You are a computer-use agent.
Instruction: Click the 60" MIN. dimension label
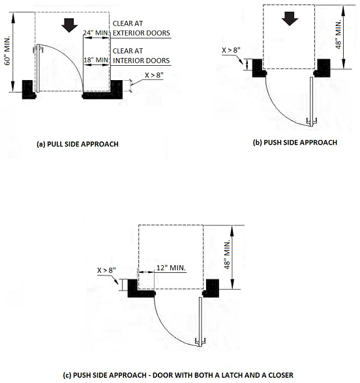point(8,51)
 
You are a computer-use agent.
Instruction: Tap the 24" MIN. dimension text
point(95,33)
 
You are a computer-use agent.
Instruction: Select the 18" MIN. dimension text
point(96,60)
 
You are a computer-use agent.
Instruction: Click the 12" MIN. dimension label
point(171,268)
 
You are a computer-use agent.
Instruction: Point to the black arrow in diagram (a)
point(69,25)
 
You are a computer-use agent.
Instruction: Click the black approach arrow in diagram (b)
point(290,18)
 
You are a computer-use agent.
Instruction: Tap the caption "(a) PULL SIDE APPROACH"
point(78,144)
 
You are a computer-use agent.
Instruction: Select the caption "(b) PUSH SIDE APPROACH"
point(295,143)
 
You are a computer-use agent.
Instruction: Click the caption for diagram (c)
point(178,375)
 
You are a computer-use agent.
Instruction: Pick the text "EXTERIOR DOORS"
point(142,33)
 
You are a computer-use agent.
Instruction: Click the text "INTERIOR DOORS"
point(141,61)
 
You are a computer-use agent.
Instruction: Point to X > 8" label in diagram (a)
point(154,75)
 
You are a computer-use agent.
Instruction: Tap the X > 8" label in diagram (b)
point(231,50)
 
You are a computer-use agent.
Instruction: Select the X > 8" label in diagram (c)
point(107,270)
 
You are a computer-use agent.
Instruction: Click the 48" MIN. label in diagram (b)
point(338,35)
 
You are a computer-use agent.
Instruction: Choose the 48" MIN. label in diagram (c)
point(227,254)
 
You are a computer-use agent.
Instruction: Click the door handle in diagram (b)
point(312,122)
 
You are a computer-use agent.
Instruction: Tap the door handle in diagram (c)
point(201,342)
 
